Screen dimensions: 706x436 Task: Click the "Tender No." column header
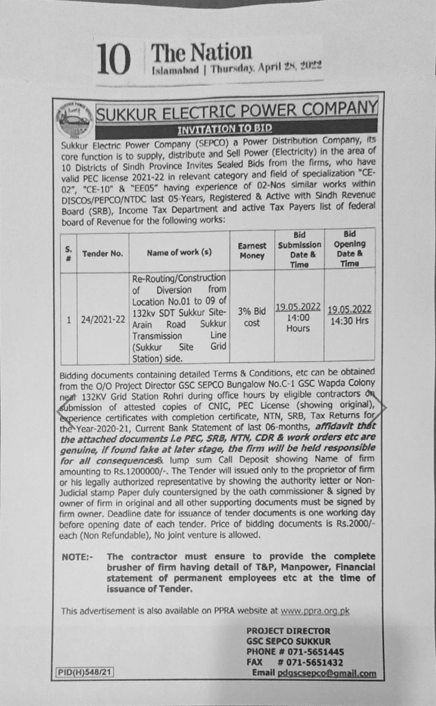click(x=102, y=254)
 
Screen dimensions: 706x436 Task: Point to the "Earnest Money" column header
click(x=252, y=251)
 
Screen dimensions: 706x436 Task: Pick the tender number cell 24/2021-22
click(x=103, y=320)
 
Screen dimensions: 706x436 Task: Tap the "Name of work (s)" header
click(x=179, y=253)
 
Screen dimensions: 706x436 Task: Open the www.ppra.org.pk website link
click(x=315, y=611)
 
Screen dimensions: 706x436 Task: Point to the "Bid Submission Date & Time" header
click(x=299, y=249)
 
